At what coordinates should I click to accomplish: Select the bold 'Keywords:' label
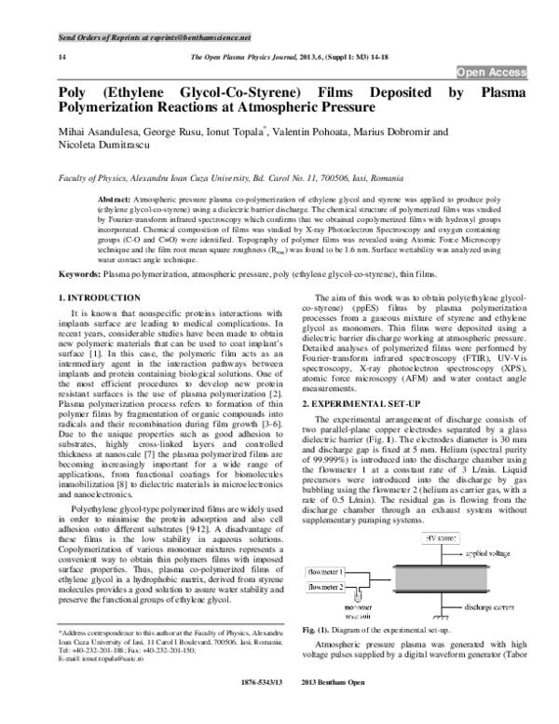coord(54,274)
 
